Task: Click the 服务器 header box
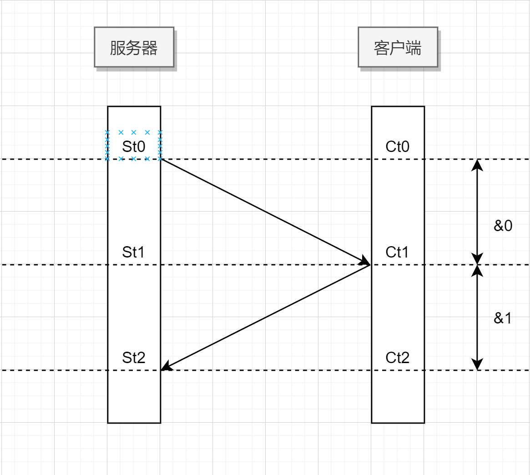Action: [134, 47]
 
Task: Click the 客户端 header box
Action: [398, 47]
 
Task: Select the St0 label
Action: [134, 147]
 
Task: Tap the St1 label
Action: [134, 252]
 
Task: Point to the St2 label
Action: [134, 358]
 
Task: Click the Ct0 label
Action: [398, 147]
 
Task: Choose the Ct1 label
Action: [397, 252]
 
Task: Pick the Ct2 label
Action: [398, 358]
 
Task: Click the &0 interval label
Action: [503, 226]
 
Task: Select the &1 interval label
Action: [503, 318]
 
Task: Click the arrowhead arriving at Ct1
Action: [365, 261]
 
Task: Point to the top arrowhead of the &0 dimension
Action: [477, 164]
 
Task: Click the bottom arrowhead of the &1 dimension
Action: [477, 365]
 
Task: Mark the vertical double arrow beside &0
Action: [477, 212]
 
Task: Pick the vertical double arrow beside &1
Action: [477, 318]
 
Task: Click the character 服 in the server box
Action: [117, 48]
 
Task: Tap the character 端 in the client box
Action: [414, 48]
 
